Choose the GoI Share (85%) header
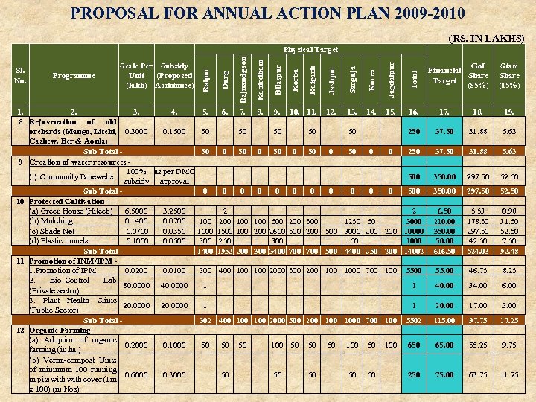474,75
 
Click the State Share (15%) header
510,75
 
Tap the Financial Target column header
444,75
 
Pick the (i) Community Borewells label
71,177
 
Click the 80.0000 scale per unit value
135,284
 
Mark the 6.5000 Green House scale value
135,211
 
